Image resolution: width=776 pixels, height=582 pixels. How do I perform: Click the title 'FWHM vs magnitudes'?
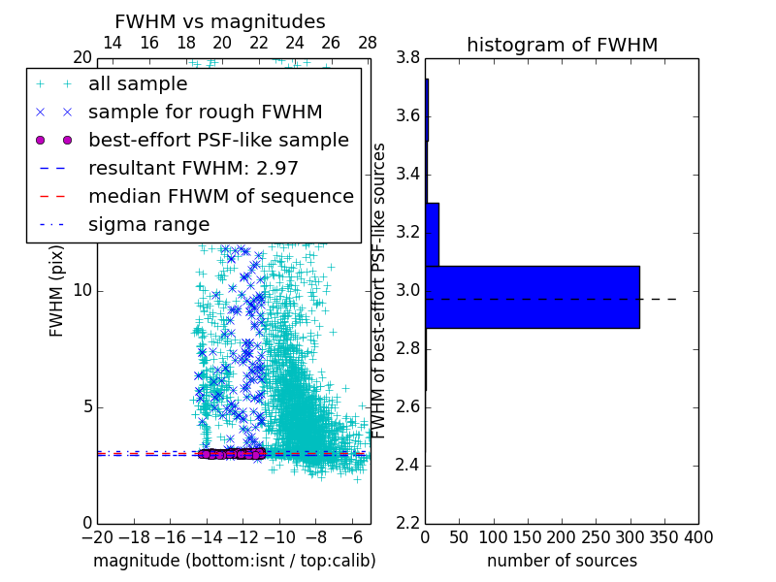click(x=220, y=21)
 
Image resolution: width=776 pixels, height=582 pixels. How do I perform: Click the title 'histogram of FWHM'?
click(x=562, y=45)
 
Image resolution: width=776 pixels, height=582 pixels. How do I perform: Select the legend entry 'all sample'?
click(x=138, y=83)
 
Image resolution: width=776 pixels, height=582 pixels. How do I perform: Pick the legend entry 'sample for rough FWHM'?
click(x=205, y=112)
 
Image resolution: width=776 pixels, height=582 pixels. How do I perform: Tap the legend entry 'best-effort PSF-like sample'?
click(x=218, y=140)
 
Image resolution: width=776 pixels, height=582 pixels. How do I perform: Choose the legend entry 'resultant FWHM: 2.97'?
click(x=193, y=168)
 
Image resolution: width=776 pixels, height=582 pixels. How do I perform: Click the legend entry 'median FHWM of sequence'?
click(x=220, y=196)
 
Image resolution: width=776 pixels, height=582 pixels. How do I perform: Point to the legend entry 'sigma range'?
click(x=148, y=224)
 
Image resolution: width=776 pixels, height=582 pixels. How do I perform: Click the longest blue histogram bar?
click(x=532, y=297)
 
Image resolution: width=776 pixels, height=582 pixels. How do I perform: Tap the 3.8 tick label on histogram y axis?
click(x=408, y=58)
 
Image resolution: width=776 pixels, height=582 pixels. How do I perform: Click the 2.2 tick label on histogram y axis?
click(x=408, y=523)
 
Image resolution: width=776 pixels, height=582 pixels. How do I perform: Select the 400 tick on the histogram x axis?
click(x=698, y=537)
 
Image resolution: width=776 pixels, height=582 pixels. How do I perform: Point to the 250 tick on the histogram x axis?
click(x=596, y=537)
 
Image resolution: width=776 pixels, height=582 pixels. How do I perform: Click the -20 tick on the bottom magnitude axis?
click(x=96, y=537)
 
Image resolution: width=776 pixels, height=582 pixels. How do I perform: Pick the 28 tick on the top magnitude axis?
click(x=368, y=43)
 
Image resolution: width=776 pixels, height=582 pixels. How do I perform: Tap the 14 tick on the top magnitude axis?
click(x=113, y=43)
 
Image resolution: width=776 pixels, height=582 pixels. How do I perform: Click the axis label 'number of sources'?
click(x=562, y=561)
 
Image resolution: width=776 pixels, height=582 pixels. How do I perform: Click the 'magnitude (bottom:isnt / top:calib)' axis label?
click(x=234, y=561)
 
